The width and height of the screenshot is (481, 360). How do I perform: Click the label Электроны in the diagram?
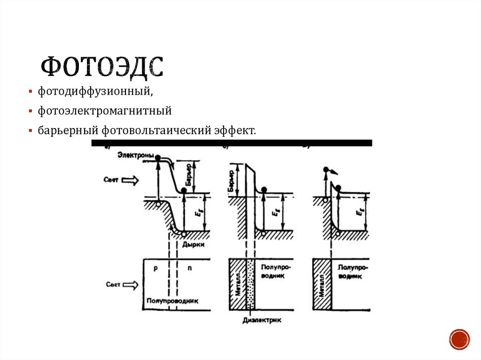(135, 155)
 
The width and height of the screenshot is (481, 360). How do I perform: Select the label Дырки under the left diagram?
(194, 244)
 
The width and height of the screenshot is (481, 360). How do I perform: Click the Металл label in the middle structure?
(238, 284)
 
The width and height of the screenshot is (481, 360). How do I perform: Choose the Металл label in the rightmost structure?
(322, 285)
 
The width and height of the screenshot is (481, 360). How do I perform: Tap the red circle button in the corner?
(459, 338)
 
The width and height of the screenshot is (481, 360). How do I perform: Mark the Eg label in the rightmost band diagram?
(359, 212)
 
